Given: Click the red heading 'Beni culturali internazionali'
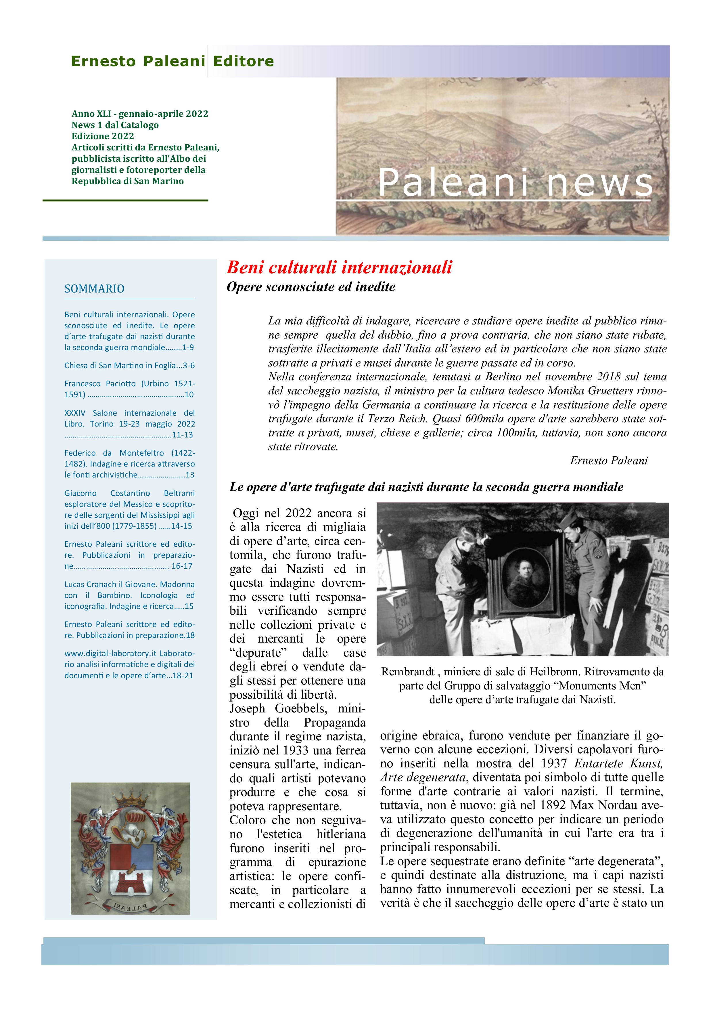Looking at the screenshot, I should pos(339,267).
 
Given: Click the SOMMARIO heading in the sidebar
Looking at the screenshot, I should pos(95,289).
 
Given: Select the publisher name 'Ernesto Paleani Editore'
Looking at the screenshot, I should pos(172,61).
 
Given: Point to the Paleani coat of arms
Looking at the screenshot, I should pos(130,848).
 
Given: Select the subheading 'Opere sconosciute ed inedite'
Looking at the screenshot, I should pos(310,287).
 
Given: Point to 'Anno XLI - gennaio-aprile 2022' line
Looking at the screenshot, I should pos(140,114).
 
